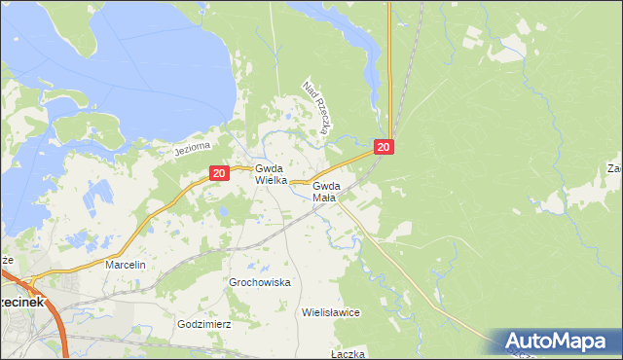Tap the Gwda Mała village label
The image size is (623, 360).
[x=326, y=191]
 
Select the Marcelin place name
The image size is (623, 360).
[x=126, y=265]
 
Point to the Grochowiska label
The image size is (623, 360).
[x=260, y=282]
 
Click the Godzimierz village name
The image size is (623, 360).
[x=203, y=324]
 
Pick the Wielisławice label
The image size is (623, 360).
[x=331, y=313]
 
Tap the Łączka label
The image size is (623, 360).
[x=348, y=353]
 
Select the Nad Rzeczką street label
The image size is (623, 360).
[x=318, y=106]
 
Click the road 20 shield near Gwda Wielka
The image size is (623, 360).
[x=218, y=173]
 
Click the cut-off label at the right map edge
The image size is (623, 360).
[x=615, y=169]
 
